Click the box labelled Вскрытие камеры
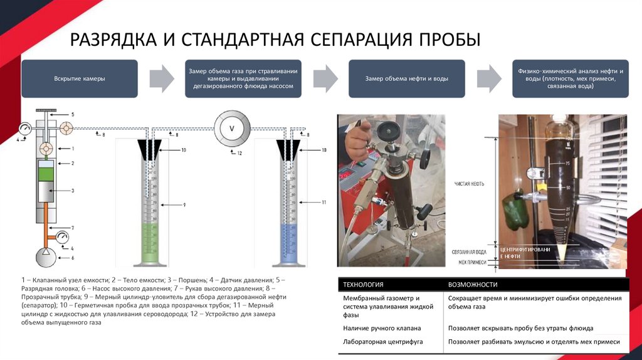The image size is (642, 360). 79,79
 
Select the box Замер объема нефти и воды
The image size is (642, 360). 406,79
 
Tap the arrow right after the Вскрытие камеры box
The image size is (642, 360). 162,79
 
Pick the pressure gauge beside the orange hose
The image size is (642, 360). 63,238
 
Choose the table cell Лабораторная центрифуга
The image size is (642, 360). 374,342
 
